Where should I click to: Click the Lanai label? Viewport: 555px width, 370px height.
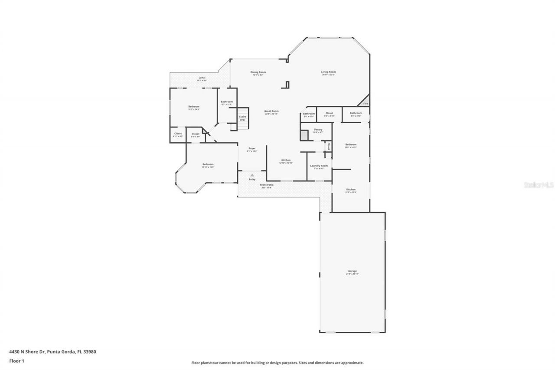tap(202, 78)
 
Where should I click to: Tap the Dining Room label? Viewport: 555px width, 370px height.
tap(258, 72)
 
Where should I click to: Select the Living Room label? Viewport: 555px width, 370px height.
tap(328, 72)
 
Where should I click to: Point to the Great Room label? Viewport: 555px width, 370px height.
tap(271, 111)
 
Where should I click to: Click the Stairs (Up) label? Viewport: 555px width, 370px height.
tap(242, 118)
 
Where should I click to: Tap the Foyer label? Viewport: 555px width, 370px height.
tap(252, 148)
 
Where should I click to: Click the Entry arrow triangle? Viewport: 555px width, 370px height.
tap(252, 175)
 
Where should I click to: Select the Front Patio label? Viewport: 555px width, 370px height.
tap(267, 185)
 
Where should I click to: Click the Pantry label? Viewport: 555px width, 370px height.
tap(318, 130)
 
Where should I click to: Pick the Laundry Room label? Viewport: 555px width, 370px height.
tap(319, 166)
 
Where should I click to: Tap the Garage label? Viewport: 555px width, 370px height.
tap(352, 271)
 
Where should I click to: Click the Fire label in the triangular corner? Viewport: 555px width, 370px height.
tap(366, 104)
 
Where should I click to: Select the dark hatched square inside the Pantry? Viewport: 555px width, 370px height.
tap(304, 134)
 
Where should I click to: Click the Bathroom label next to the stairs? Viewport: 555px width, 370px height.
tap(227, 102)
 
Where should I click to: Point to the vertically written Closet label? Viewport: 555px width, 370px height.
tap(329, 146)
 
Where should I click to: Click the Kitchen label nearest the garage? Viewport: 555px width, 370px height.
tap(351, 190)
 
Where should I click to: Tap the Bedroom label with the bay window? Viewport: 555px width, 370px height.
tap(208, 164)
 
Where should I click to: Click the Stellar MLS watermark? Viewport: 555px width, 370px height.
tap(539, 184)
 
